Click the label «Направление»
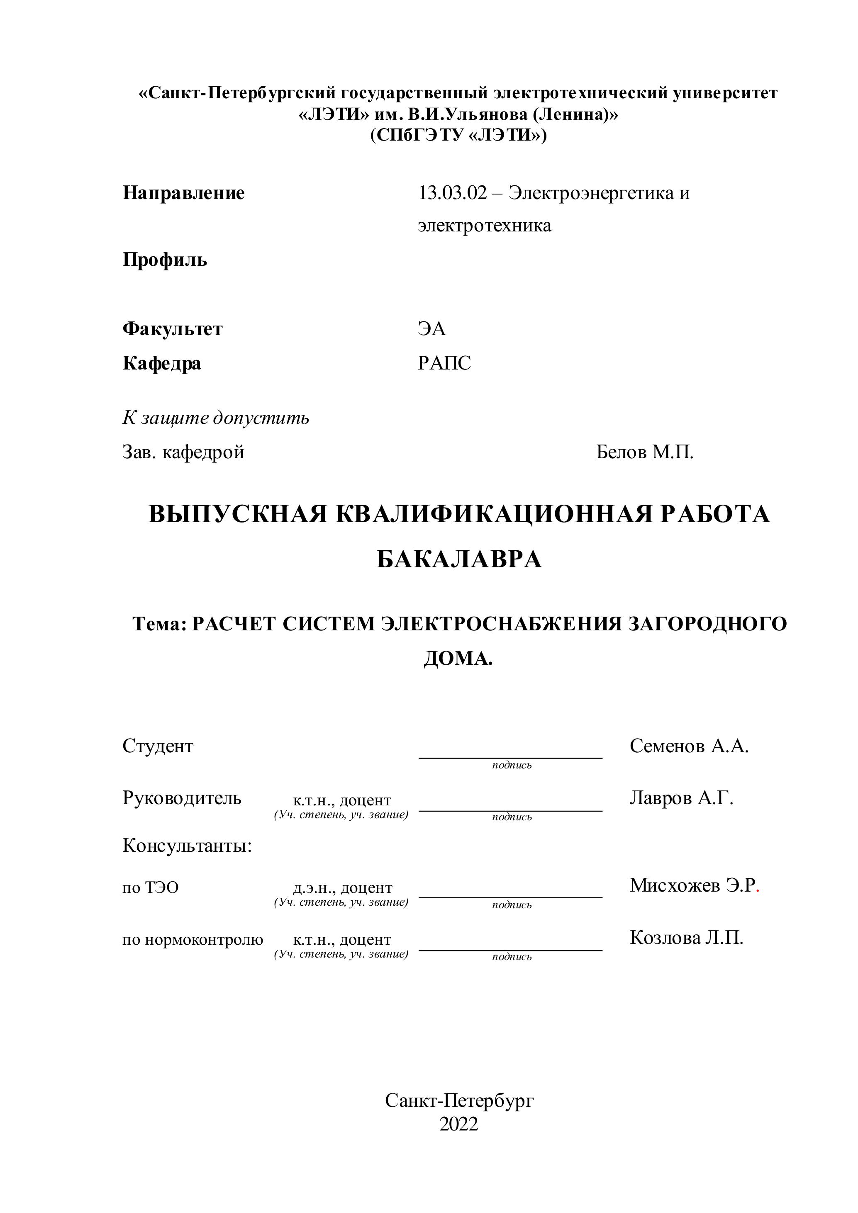pos(183,193)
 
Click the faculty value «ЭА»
pos(431,329)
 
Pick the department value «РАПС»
pos(444,363)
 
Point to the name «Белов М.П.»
pos(644,452)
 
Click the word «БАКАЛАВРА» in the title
pos(459,559)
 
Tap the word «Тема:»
pos(160,624)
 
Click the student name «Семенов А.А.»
pos(689,746)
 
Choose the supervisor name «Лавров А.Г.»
pos(681,798)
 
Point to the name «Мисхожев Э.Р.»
pos(694,885)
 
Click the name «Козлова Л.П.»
pos(686,938)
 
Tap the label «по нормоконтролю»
pos(193,940)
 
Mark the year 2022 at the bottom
pos(458,1124)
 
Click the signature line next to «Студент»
pos(510,757)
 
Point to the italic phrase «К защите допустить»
pos(216,418)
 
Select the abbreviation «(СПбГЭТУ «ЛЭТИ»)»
pos(458,136)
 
